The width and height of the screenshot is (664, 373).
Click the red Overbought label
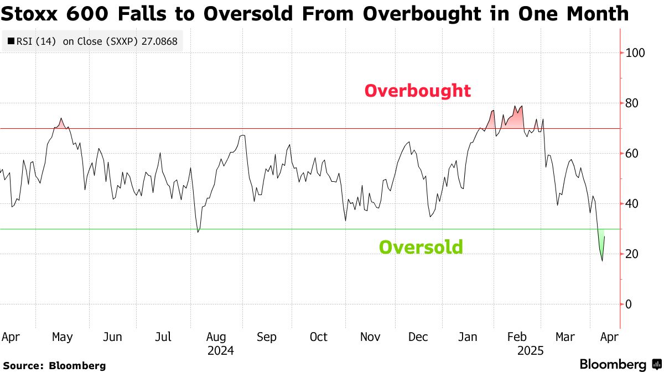point(417,91)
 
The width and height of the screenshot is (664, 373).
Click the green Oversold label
point(421,247)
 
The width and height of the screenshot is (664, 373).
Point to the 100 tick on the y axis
point(636,53)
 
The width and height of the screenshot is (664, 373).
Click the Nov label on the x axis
point(370,337)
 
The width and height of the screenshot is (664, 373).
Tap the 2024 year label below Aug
point(220,351)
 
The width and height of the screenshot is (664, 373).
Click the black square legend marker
point(11,41)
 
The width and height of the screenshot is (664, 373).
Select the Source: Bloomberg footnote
point(54,366)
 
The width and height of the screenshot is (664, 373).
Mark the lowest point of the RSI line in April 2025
point(602,261)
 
